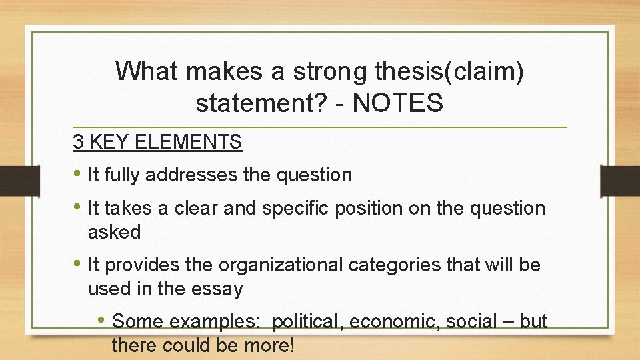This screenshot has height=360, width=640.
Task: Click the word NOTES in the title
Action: click(x=398, y=103)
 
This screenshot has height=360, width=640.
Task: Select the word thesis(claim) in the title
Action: click(x=453, y=71)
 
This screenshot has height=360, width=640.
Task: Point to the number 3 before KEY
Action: click(x=78, y=142)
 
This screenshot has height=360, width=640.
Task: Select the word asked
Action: click(x=114, y=232)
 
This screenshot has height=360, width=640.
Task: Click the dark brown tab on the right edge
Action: click(x=620, y=180)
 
